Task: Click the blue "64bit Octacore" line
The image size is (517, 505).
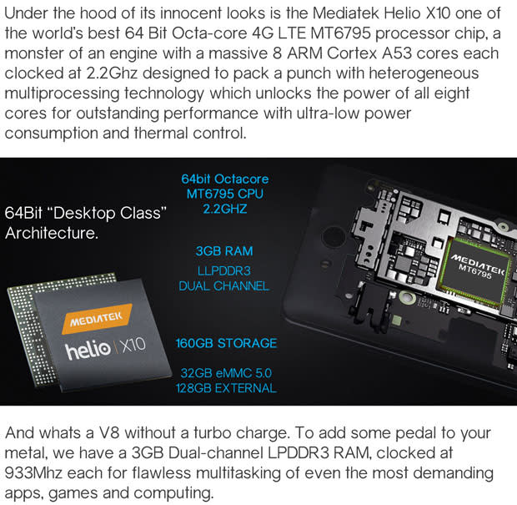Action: point(225,179)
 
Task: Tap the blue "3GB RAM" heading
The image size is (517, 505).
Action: point(224,251)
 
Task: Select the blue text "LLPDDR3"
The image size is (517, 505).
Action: point(224,270)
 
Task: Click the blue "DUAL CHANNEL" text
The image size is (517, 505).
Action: point(224,285)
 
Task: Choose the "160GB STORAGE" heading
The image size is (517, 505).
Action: point(226,343)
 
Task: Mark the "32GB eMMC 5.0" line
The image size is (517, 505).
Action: point(227,372)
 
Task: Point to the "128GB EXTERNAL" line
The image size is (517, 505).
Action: point(227,388)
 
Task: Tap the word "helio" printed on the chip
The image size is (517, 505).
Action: point(87,347)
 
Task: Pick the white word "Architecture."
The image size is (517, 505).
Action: point(52,233)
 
